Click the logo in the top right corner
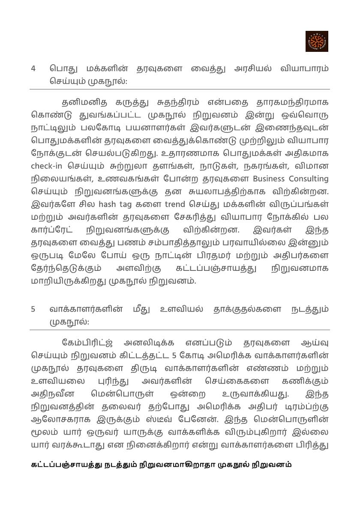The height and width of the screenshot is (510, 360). (x=317, y=41)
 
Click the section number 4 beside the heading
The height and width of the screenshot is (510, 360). (x=33, y=69)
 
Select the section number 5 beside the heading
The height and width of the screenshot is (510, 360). (x=33, y=309)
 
